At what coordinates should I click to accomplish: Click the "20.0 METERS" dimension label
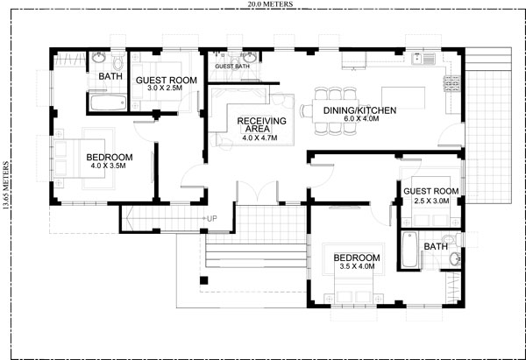pos(270,4)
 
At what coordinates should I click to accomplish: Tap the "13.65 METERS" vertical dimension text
pos(6,185)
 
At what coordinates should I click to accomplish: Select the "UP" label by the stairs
pos(211,219)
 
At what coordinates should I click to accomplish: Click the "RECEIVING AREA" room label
pos(261,124)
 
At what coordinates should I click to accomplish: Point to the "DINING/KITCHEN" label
pos(359,110)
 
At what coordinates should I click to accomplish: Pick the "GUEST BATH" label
pos(232,67)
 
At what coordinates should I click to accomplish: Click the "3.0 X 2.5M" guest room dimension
pos(165,88)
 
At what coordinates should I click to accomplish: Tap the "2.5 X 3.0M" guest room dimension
pos(431,201)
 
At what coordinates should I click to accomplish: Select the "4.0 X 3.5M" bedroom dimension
pos(108,166)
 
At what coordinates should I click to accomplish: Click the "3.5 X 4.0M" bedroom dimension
pos(357,266)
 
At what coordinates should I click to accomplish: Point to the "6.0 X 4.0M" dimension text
pos(361,118)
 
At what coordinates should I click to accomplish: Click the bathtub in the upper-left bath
pos(109,102)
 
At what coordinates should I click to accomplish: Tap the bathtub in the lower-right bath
pos(409,250)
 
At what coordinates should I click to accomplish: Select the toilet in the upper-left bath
pos(117,60)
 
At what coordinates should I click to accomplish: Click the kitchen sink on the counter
pos(423,59)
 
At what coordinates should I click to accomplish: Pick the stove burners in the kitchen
pos(451,84)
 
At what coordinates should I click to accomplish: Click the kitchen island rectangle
pos(403,98)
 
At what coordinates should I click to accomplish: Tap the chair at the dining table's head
pos(307,110)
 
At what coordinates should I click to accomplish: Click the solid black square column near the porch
pos(204,280)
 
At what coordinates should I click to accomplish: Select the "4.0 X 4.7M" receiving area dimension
pos(260,138)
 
